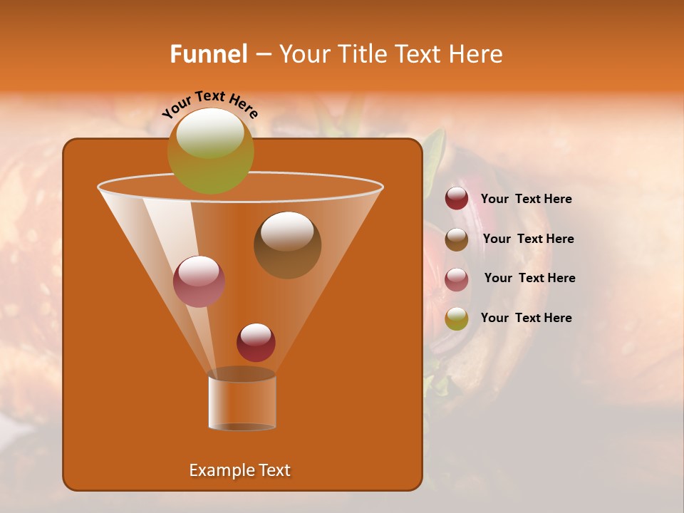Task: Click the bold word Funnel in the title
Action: [208, 54]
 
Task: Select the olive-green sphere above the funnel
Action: [210, 150]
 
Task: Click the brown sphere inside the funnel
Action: [287, 245]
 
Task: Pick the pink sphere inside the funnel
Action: [199, 281]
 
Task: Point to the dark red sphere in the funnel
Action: [256, 342]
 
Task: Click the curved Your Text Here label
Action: [209, 103]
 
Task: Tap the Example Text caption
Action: [239, 470]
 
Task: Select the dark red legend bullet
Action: [457, 199]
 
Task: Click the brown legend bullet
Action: [457, 239]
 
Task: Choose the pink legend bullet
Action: [457, 279]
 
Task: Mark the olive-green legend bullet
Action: [457, 318]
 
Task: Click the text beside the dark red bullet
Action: [526, 199]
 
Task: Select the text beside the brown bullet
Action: [528, 239]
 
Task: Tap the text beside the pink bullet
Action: [529, 278]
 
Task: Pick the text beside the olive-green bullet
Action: [526, 318]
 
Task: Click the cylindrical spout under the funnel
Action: [242, 403]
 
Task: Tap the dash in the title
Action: [262, 55]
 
